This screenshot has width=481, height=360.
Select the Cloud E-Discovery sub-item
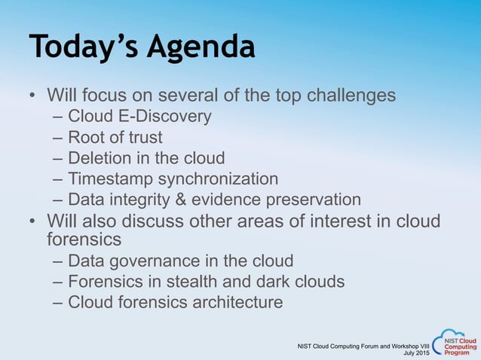[x=139, y=117]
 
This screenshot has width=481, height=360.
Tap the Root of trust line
[x=115, y=138]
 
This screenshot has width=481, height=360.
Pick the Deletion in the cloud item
[x=146, y=158]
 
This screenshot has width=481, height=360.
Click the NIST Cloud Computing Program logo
[x=455, y=343]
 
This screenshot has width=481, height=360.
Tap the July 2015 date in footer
[x=416, y=352]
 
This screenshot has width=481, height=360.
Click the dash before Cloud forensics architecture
[x=59, y=302]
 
